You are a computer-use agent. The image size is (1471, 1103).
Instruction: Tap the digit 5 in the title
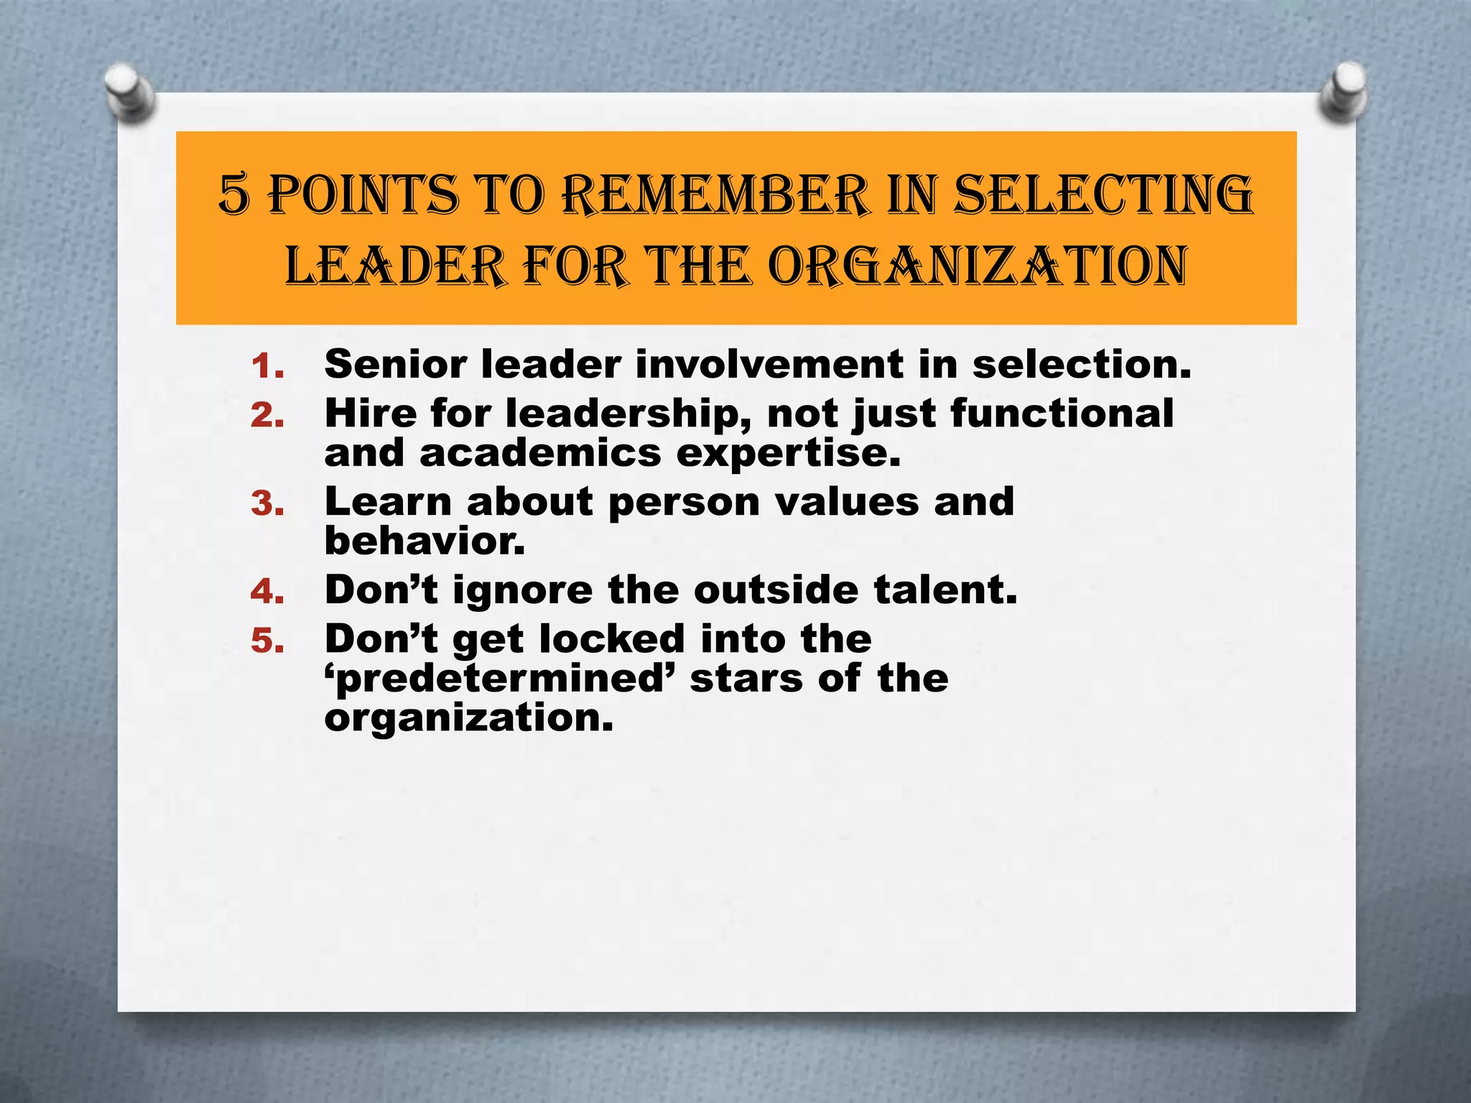click(x=234, y=195)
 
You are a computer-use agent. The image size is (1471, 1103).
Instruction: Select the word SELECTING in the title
click(x=1103, y=195)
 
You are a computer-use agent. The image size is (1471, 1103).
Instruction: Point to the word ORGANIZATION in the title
click(x=977, y=266)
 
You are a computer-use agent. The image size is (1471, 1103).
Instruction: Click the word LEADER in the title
click(x=394, y=266)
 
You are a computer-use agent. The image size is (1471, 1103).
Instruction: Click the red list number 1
click(x=267, y=367)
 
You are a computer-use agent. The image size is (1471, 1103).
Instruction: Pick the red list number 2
click(x=267, y=416)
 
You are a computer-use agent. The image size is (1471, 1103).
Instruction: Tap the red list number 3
click(x=267, y=504)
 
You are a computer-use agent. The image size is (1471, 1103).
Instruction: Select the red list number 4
click(x=267, y=592)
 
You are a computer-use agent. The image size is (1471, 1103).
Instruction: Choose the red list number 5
click(x=267, y=641)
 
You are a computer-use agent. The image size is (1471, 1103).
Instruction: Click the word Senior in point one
click(x=394, y=364)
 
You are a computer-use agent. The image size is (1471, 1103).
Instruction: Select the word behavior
click(x=424, y=541)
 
